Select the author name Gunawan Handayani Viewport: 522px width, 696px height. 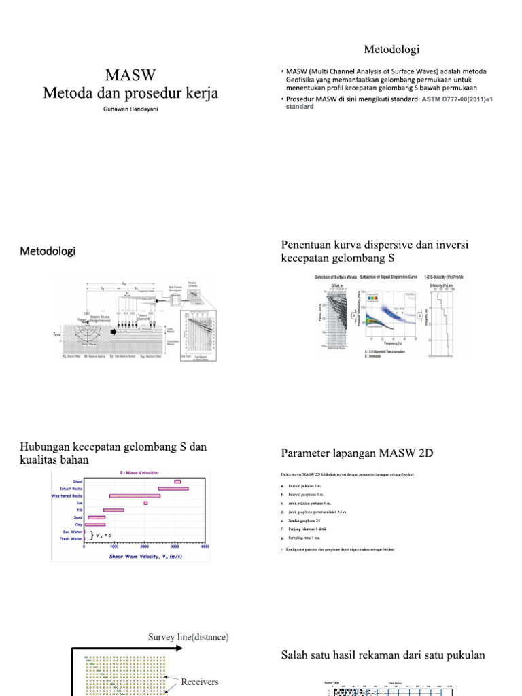click(130, 109)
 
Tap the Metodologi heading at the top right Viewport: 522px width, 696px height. click(391, 49)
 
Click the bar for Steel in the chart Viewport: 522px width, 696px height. click(177, 481)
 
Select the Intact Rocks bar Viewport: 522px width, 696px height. click(173, 488)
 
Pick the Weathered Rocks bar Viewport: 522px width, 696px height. click(135, 495)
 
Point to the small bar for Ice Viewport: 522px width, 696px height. click(145, 503)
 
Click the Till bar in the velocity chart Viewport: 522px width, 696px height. click(114, 510)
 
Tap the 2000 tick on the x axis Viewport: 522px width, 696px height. click(145, 547)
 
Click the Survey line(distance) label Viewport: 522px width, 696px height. click(188, 637)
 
